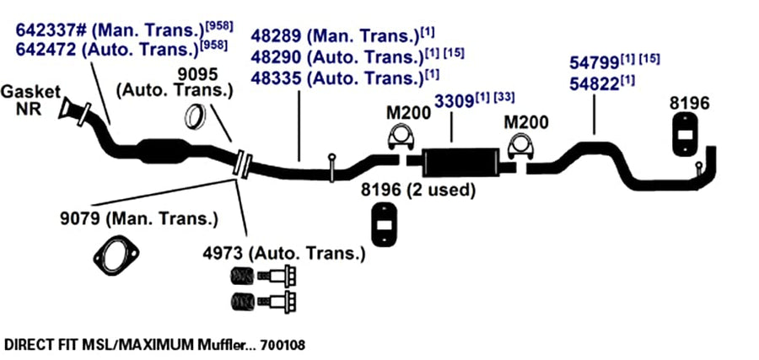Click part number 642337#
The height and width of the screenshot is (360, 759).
tap(51, 30)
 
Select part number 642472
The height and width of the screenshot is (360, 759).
tap(46, 50)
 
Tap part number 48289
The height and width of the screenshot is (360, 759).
tap(277, 35)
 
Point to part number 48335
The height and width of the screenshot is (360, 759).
tap(277, 78)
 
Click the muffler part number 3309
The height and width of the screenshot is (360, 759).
tap(454, 102)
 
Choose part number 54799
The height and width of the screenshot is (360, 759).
tap(595, 63)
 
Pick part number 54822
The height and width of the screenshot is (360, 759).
tap(595, 84)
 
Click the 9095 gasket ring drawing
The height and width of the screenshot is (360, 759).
tap(196, 117)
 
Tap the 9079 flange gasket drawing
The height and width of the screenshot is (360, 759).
tap(116, 255)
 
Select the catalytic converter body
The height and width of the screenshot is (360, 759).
tap(163, 152)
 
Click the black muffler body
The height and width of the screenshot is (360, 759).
tap(460, 162)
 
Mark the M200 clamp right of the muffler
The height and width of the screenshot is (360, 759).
tap(520, 146)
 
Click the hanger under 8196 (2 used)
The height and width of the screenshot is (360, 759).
tap(385, 224)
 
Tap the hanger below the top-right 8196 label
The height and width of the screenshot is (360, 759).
tap(685, 135)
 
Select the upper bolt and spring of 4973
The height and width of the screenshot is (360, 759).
tap(263, 277)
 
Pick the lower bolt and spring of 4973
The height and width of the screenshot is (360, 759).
tap(263, 302)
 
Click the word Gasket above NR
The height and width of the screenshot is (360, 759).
tap(30, 91)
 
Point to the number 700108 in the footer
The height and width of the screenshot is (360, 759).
tap(283, 346)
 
